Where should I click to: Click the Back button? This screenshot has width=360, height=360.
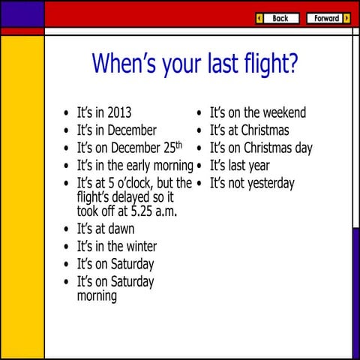pos(280,18)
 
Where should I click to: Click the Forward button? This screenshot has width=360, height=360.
pos(327,18)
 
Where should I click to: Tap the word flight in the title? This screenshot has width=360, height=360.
pos(260,64)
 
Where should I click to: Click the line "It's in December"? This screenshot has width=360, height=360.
pos(116,130)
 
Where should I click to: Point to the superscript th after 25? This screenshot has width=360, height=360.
pos(178,144)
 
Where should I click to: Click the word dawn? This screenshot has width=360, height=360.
pos(120,229)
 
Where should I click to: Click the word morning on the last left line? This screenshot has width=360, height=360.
pos(97,296)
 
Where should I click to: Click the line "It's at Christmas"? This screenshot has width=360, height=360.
pos(249,130)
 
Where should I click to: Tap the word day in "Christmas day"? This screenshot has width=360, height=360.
pos(303,148)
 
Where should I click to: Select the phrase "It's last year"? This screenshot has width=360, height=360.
pos(239,166)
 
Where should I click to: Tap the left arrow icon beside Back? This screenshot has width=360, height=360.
pos(259,18)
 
